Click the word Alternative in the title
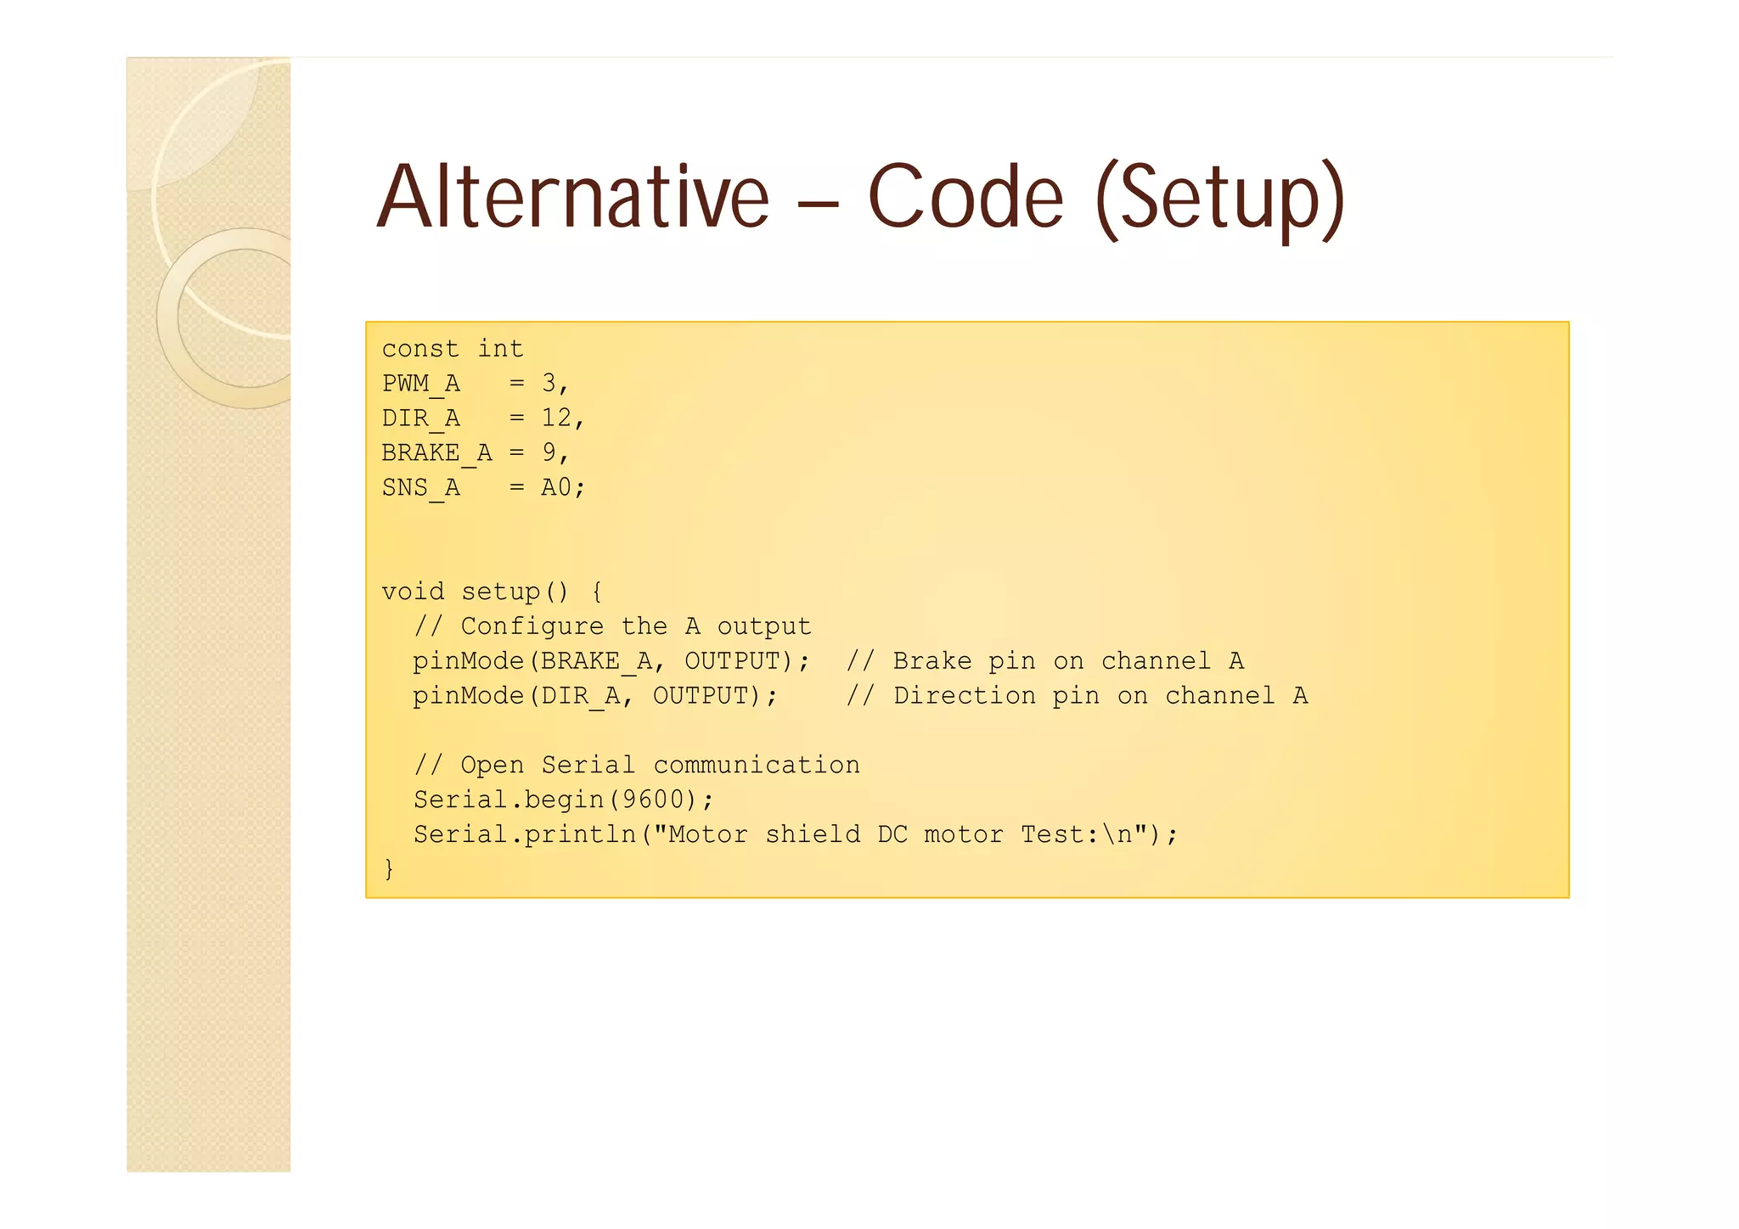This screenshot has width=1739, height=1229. [572, 197]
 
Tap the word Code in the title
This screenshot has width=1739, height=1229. [965, 197]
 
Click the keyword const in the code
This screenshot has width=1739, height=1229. [420, 349]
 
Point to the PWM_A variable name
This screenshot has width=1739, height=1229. [421, 384]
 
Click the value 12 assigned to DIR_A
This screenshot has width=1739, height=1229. [557, 418]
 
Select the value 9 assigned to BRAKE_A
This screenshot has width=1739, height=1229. [549, 452]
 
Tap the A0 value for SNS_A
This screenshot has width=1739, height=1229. [557, 487]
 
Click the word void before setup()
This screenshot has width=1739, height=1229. [413, 592]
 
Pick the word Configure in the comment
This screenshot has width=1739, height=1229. [532, 626]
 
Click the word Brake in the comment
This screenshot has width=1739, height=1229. [932, 661]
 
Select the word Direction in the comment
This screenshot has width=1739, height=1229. [965, 696]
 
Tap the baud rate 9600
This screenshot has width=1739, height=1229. [653, 800]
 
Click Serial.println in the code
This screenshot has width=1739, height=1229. [525, 834]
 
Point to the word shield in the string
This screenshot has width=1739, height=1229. [813, 834]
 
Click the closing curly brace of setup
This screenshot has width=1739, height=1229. [389, 869]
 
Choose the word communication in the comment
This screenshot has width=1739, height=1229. [757, 765]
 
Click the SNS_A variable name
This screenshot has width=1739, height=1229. [421, 487]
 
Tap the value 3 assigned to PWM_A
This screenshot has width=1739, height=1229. [549, 384]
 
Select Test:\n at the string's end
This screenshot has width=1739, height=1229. [1077, 834]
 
